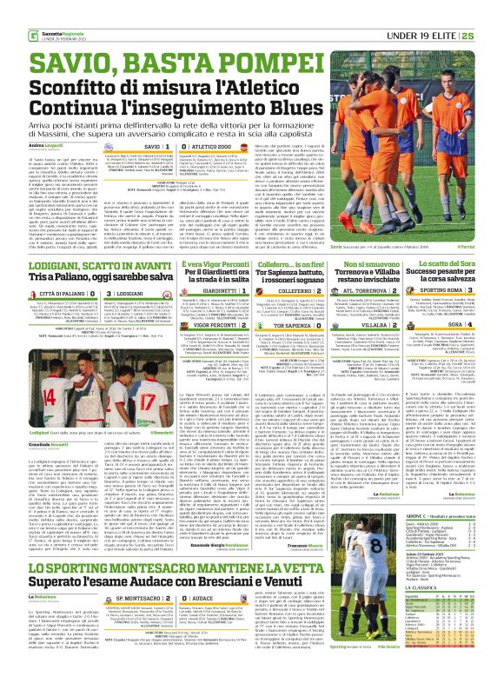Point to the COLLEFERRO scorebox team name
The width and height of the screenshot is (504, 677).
(283, 291)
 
